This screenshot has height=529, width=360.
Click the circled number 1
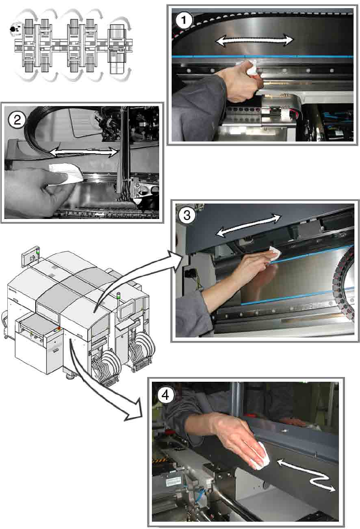pyautogui.click(x=184, y=21)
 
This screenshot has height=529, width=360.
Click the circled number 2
pyautogui.click(x=17, y=120)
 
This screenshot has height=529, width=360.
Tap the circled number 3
pyautogui.click(x=187, y=216)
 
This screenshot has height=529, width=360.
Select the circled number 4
pyautogui.click(x=165, y=395)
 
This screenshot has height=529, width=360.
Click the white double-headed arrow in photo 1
pyautogui.click(x=254, y=40)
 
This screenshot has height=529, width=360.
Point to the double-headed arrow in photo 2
pyautogui.click(x=84, y=152)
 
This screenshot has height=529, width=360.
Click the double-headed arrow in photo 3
pyautogui.click(x=248, y=225)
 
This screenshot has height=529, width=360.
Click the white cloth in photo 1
pyautogui.click(x=252, y=67)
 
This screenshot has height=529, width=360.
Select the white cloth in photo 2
pyautogui.click(x=66, y=173)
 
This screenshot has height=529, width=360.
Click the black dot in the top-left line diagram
pyautogui.click(x=12, y=29)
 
